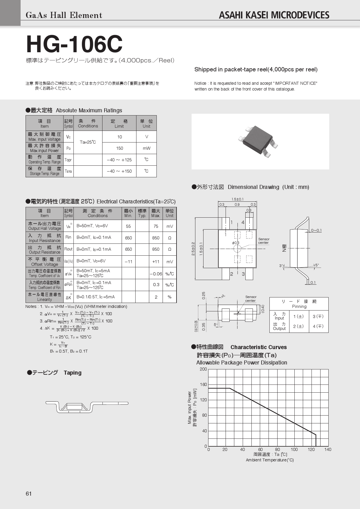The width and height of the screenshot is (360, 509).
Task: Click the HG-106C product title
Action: pyautogui.click(x=74, y=44)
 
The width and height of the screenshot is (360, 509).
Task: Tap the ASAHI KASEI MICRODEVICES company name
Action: pyautogui.click(x=274, y=15)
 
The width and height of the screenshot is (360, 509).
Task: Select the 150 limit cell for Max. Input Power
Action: pyautogui.click(x=119, y=148)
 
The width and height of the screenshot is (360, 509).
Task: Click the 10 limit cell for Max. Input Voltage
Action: pyautogui.click(x=119, y=137)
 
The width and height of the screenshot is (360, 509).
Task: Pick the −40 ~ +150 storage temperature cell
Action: pyautogui.click(x=119, y=171)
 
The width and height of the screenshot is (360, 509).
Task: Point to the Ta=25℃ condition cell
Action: pyautogui.click(x=88, y=142)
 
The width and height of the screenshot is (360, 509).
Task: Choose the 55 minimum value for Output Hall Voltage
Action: pyautogui.click(x=128, y=226)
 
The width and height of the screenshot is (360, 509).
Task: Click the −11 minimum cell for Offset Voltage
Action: pyautogui.click(x=128, y=262)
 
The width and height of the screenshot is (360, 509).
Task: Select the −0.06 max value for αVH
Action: pyautogui.click(x=156, y=274)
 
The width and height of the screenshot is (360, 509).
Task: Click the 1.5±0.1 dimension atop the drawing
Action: pyautogui.click(x=237, y=199)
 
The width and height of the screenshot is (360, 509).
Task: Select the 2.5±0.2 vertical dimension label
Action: pyautogui.click(x=193, y=249)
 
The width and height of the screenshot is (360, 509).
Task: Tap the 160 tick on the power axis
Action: pyautogui.click(x=203, y=385)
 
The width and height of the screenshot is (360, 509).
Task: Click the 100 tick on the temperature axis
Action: pyautogui.click(x=294, y=450)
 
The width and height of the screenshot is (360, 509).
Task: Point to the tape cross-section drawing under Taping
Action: pyautogui.click(x=87, y=407)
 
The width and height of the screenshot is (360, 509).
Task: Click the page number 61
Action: pyautogui.click(x=29, y=494)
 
